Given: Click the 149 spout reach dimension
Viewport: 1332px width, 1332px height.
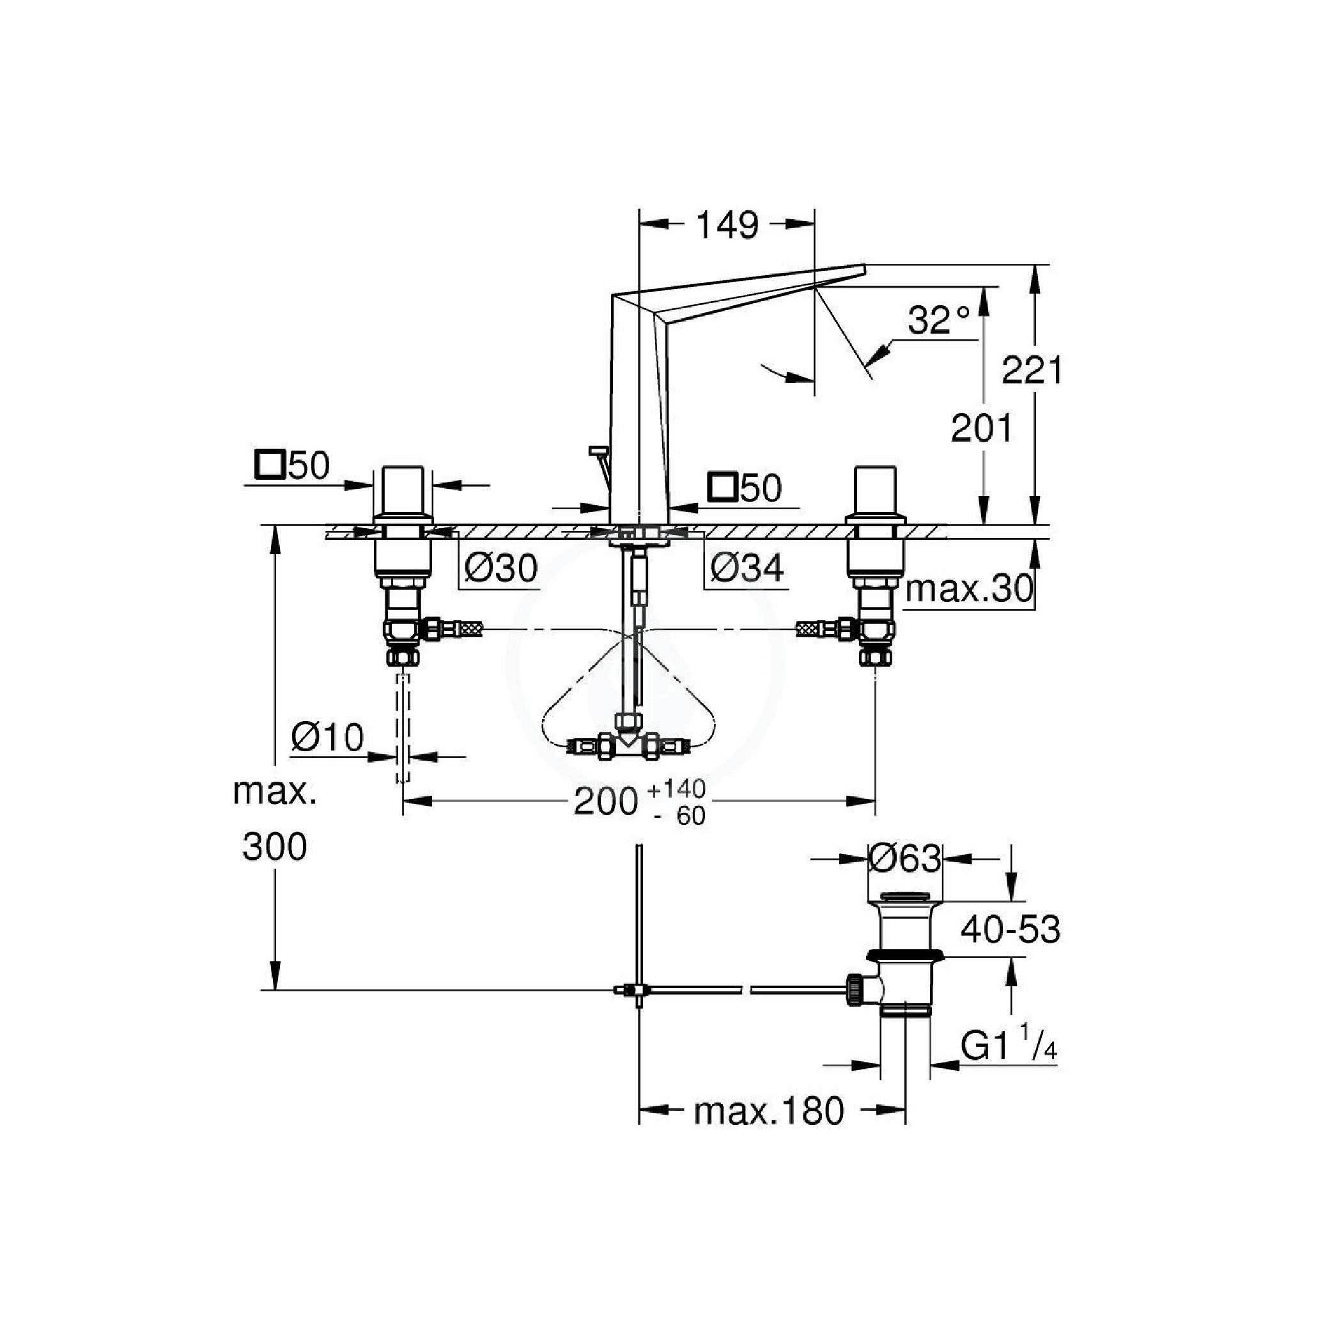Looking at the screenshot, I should pyautogui.click(x=727, y=226).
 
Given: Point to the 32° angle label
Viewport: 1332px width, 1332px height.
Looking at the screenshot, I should pyautogui.click(x=938, y=320).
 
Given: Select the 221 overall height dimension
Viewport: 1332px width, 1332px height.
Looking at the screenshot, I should pyautogui.click(x=1032, y=370).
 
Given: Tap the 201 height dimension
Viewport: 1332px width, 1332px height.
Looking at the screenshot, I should pyautogui.click(x=982, y=429).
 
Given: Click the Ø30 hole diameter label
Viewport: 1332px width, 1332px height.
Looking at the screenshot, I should pyautogui.click(x=501, y=568).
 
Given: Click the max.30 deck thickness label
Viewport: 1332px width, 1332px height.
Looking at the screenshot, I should pyautogui.click(x=970, y=589).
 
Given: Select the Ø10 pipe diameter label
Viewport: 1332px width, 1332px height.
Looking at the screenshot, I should pyautogui.click(x=327, y=738).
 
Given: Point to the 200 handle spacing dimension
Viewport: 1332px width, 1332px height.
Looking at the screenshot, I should pyautogui.click(x=606, y=801).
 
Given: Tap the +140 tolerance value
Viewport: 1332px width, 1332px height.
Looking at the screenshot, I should pyautogui.click(x=677, y=788).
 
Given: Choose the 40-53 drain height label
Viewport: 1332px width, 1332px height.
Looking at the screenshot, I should pyautogui.click(x=1010, y=930).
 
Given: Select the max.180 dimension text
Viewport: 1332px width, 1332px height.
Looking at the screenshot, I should pyautogui.click(x=769, y=1111).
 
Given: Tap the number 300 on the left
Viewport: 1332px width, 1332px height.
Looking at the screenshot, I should pyautogui.click(x=274, y=848).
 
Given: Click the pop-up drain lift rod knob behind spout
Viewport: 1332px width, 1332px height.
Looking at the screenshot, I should pyautogui.click(x=597, y=451).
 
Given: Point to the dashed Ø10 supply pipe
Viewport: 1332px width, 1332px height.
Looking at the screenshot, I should pyautogui.click(x=403, y=727).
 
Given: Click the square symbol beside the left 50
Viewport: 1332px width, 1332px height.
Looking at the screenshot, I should pyautogui.click(x=270, y=465).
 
